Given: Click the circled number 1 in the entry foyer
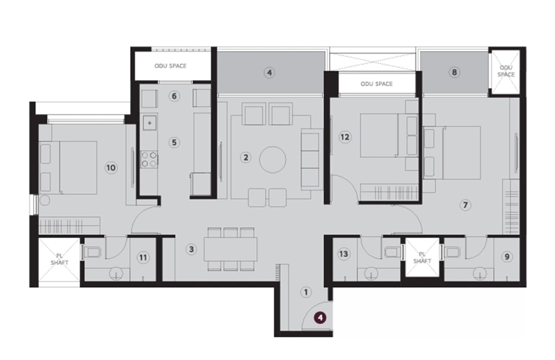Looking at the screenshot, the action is [x=306, y=292].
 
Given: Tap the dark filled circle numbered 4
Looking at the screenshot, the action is [x=320, y=317].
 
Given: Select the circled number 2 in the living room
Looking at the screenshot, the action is [x=245, y=157].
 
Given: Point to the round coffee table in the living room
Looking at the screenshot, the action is [x=273, y=159].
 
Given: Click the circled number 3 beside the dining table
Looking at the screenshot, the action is [x=191, y=249].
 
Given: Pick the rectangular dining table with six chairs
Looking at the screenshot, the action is [x=230, y=249].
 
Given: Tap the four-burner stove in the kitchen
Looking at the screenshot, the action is [x=149, y=159].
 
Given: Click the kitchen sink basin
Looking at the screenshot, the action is [x=149, y=123].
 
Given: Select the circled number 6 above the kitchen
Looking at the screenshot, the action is [x=174, y=96].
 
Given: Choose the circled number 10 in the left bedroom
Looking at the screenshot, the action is [x=111, y=167].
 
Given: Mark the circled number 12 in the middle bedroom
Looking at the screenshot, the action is [x=345, y=137].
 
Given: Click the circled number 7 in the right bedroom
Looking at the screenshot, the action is [x=465, y=205].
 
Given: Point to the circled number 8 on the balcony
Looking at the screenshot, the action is [x=454, y=72].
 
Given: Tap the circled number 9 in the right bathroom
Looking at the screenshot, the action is [x=507, y=257].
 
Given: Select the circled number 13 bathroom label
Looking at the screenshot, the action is [x=344, y=254].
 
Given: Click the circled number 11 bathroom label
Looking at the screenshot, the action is [x=143, y=258].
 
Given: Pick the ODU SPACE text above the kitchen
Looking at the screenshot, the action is [x=170, y=66].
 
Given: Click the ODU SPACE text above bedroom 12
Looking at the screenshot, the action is [x=377, y=84].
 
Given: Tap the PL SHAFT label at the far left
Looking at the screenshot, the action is [x=59, y=259].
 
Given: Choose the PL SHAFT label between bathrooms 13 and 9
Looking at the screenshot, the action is [x=422, y=258].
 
